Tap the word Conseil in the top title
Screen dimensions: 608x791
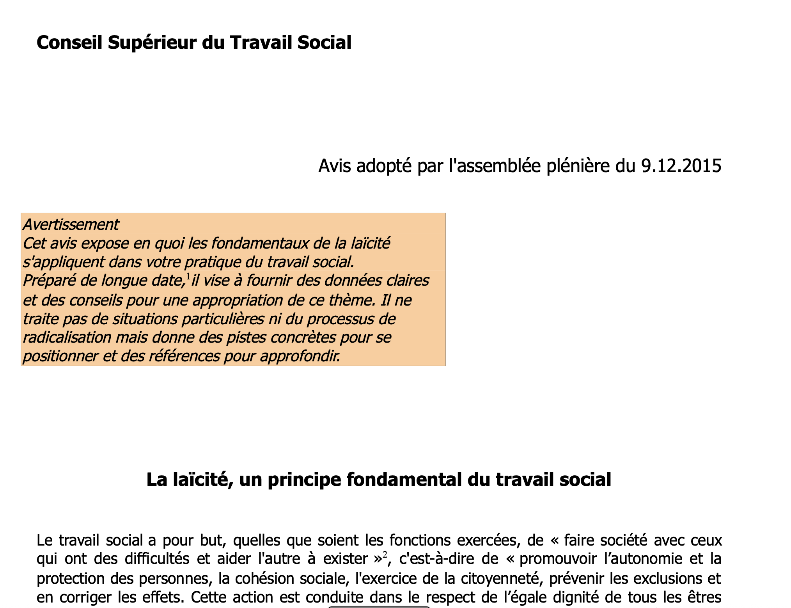pos(69,43)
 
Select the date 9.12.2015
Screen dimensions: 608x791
pos(681,166)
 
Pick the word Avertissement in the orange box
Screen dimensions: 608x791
pos(71,225)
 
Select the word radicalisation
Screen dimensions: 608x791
pos(67,338)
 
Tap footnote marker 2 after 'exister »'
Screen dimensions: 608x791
pos(385,555)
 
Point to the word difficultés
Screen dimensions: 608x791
pos(157,559)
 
